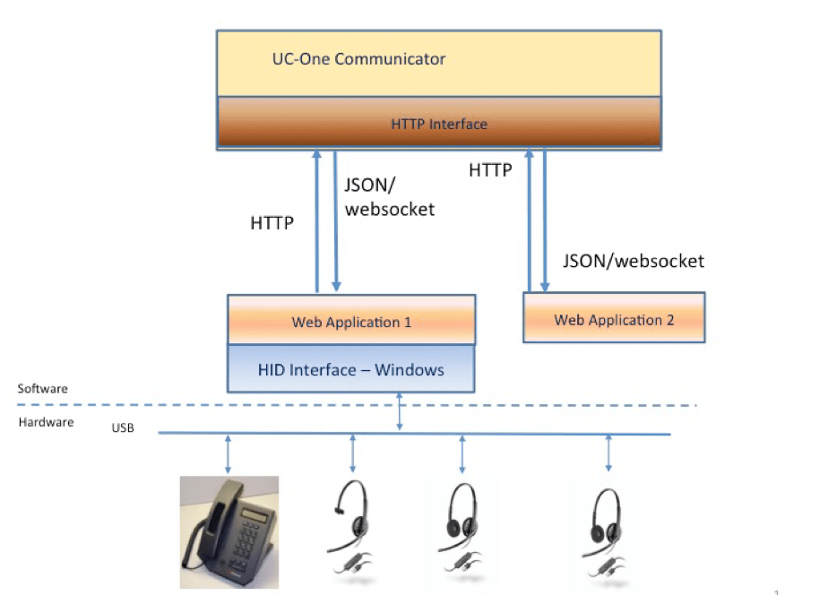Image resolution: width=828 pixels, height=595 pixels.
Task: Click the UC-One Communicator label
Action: [358, 60]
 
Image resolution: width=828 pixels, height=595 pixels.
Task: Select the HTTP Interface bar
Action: [438, 123]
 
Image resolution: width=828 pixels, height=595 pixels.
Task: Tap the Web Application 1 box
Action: [351, 322]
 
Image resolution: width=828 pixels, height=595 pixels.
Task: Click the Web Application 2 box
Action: [614, 319]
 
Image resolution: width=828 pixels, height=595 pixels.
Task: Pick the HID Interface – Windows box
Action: [351, 369]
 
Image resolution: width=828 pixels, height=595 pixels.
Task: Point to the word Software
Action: [42, 389]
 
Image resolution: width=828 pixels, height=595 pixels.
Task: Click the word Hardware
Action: [46, 422]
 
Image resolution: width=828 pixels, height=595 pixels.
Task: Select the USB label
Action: [123, 428]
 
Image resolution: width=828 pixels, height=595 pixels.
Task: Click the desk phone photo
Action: [229, 531]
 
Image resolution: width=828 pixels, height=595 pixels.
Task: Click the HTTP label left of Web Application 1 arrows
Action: [272, 223]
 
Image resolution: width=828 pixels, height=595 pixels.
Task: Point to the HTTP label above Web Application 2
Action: [490, 169]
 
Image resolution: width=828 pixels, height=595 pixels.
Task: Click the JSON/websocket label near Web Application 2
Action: [633, 261]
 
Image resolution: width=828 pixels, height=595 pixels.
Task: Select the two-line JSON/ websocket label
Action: [388, 197]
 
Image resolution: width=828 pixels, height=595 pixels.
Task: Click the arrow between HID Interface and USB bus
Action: [400, 412]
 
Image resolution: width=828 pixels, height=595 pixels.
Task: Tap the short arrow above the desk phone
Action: [229, 453]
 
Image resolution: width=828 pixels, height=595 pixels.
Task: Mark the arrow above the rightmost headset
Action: [608, 453]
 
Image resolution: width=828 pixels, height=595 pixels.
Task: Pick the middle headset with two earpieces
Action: [462, 529]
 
